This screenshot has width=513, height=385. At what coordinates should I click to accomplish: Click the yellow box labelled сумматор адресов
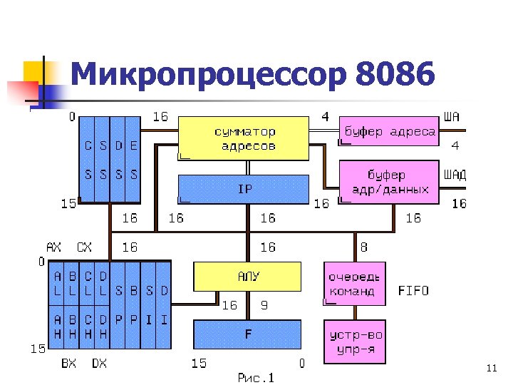(243, 138)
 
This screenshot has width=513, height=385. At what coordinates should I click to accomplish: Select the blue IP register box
(243, 189)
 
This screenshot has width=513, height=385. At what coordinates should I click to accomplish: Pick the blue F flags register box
(248, 334)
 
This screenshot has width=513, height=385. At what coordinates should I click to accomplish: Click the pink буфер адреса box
(388, 131)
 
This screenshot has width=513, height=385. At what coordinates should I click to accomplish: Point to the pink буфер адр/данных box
(388, 182)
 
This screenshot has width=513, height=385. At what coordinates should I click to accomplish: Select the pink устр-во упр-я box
(354, 342)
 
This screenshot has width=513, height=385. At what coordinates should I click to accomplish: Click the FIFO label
(413, 291)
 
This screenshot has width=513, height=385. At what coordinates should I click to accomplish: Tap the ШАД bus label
(455, 175)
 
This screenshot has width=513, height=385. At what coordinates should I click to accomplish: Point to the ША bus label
(452, 116)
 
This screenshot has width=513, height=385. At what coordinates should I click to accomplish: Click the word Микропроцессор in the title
(207, 74)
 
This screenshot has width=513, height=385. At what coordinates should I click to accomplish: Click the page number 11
(491, 368)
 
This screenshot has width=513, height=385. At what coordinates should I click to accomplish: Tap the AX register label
(53, 247)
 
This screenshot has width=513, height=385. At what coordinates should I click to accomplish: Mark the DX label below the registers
(99, 363)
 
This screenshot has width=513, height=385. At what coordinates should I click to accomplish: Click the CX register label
(84, 247)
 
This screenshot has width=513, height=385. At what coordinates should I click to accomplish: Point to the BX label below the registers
(68, 363)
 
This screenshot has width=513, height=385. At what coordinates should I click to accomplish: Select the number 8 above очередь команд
(364, 247)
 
